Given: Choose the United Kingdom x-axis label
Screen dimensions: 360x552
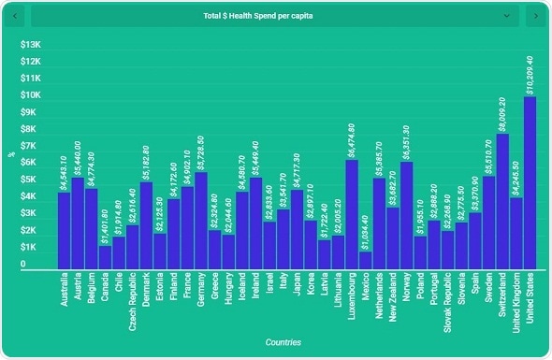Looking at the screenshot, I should pyautogui.click(x=516, y=304).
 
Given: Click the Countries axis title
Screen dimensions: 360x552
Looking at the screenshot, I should pyautogui.click(x=283, y=343).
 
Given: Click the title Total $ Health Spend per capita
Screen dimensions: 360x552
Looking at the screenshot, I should pyautogui.click(x=271, y=16).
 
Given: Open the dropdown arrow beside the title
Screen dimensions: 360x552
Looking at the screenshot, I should pyautogui.click(x=506, y=16).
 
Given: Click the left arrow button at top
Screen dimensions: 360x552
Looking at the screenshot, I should pyautogui.click(x=15, y=16).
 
